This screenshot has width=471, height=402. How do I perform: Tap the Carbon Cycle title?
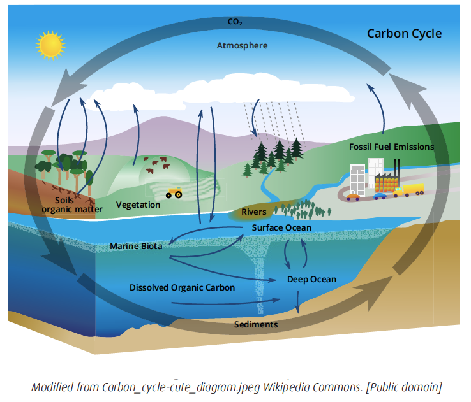404,34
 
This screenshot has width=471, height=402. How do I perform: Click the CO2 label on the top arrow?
235,22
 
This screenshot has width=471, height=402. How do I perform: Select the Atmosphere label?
242,45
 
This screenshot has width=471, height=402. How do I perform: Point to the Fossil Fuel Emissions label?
391,147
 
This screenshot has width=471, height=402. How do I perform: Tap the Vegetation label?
138,205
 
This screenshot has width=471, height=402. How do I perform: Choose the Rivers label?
254,212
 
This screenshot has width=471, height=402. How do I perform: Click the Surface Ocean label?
281,227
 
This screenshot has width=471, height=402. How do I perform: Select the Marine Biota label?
136,245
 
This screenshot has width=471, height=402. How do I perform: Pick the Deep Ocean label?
311,279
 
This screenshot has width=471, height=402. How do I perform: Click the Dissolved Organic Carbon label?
182,287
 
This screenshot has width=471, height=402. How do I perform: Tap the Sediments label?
256,324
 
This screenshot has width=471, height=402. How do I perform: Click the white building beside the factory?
357,179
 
